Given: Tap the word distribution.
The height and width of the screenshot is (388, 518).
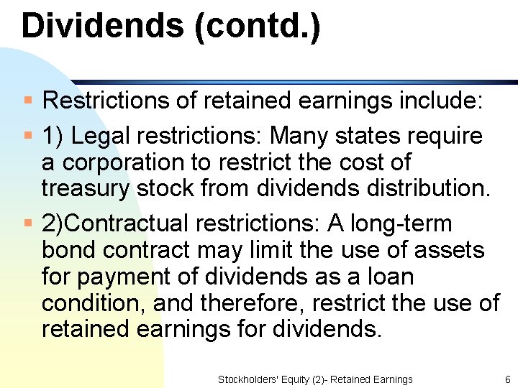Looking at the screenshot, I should pos(429,188).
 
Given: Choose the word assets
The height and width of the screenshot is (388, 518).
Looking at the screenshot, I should pos(450,250).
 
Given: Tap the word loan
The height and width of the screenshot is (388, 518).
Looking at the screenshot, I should pos(388,277).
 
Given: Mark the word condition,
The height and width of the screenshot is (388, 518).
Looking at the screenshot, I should pos(94,303).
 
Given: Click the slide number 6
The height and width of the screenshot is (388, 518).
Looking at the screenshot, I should pos(507,379).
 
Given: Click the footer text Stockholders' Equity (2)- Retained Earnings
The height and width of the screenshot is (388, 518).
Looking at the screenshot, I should pos(315,379).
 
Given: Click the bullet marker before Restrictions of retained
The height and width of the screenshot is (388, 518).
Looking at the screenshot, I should pos(28,100).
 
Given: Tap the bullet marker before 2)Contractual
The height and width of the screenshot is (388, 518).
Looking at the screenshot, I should pos(28,223).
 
